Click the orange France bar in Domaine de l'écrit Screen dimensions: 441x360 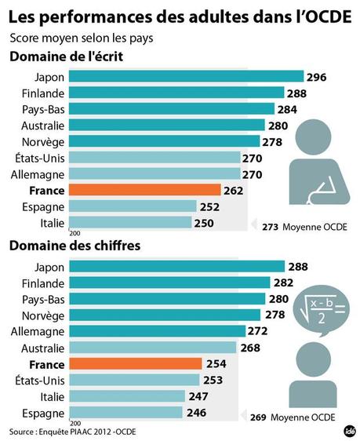click(x=146, y=190)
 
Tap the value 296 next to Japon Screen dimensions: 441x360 click(x=316, y=77)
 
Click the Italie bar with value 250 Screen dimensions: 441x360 click(x=130, y=223)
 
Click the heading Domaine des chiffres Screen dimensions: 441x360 click(x=75, y=246)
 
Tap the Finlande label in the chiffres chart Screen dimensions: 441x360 click(x=43, y=282)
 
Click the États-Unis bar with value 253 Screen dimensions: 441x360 click(x=133, y=380)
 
